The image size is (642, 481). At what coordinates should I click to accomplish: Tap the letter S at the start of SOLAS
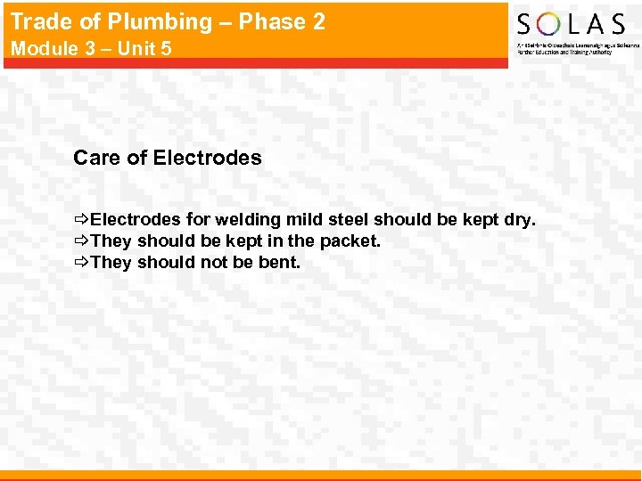coord(526,24)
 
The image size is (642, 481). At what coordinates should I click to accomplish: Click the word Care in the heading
coord(96,159)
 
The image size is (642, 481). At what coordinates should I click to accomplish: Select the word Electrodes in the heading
coord(208,159)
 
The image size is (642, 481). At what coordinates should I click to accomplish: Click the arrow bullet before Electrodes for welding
coord(81,219)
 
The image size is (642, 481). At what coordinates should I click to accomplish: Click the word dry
coord(520,219)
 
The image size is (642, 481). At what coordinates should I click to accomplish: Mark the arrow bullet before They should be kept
coord(81,240)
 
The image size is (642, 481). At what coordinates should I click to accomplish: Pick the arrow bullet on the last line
coord(81,262)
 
